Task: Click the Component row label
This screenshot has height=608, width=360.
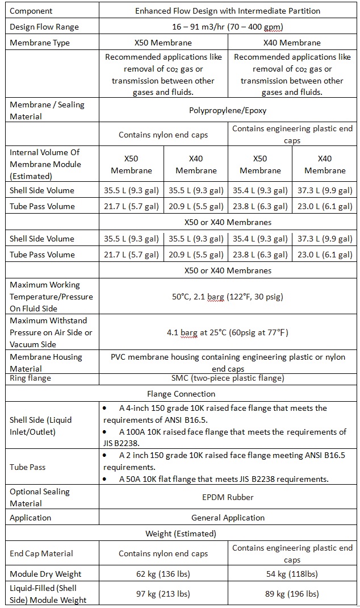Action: point(31,11)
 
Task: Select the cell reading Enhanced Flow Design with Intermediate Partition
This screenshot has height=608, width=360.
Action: point(228,11)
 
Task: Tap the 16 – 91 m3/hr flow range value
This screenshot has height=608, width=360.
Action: point(228,27)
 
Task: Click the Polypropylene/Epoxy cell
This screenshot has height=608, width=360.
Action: point(228,111)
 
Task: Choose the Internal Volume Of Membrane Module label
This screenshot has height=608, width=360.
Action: point(45,164)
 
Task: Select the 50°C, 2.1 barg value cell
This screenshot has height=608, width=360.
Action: point(228,297)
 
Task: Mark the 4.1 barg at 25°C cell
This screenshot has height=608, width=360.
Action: point(228,332)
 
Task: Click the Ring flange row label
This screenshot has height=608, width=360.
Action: point(30,378)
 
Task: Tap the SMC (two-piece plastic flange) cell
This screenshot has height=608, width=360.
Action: point(228,378)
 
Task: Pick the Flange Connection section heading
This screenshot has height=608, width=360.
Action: point(181,393)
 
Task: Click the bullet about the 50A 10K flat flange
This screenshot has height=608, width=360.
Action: point(224,479)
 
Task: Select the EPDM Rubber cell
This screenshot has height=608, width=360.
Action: point(228,497)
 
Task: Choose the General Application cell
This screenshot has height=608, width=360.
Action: point(228,518)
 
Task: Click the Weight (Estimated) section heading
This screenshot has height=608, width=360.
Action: point(181,534)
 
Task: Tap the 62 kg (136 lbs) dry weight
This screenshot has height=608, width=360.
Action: point(163,574)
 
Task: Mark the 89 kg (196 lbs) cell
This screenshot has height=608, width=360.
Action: point(292,594)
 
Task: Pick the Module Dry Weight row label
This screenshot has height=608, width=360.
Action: point(45,574)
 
